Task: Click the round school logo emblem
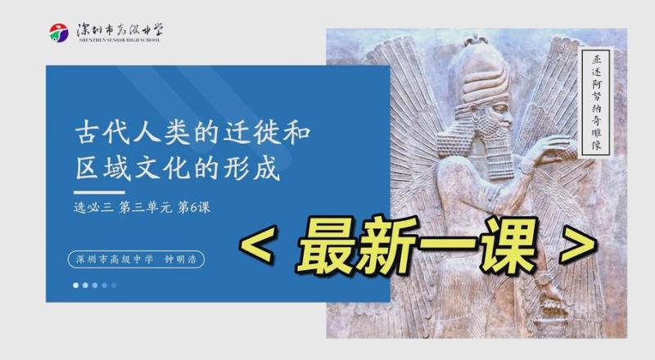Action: [59, 33]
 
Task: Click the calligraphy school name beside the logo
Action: [120, 31]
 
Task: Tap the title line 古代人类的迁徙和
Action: [192, 133]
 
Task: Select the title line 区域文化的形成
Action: [178, 169]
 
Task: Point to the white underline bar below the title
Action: [99, 192]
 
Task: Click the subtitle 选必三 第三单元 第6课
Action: [142, 207]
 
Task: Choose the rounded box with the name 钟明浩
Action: [136, 259]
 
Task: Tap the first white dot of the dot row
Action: [75, 286]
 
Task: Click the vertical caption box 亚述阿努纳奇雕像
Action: [596, 103]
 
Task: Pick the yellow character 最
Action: [326, 245]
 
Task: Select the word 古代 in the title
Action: [104, 133]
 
